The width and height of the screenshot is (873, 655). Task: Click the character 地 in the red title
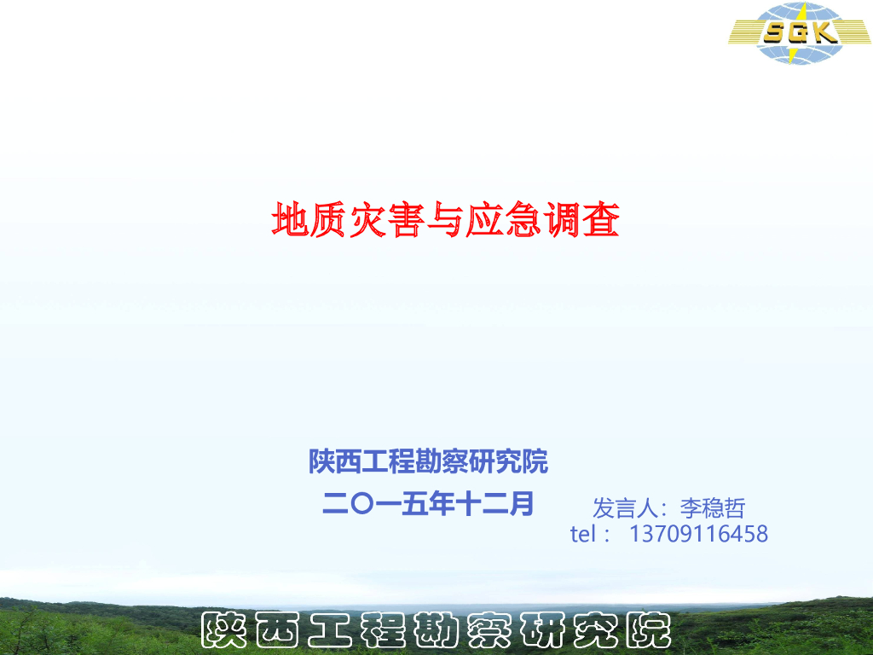pyautogui.click(x=291, y=220)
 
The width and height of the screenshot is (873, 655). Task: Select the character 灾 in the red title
pyautogui.click(x=367, y=220)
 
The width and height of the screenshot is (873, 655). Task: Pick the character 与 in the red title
pyautogui.click(x=444, y=220)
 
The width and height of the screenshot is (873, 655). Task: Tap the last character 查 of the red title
pyautogui.click(x=599, y=220)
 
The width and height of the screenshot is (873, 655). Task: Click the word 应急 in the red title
pyautogui.click(x=503, y=220)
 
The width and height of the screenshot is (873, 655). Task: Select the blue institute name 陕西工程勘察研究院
pyautogui.click(x=428, y=462)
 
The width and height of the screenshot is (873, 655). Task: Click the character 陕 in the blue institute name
pyautogui.click(x=322, y=462)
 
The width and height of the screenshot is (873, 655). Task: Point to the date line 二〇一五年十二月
pyautogui.click(x=428, y=503)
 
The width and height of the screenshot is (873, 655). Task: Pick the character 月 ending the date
pyautogui.click(x=521, y=503)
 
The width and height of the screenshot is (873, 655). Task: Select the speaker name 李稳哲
pyautogui.click(x=713, y=508)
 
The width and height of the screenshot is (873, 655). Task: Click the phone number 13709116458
pyautogui.click(x=698, y=535)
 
